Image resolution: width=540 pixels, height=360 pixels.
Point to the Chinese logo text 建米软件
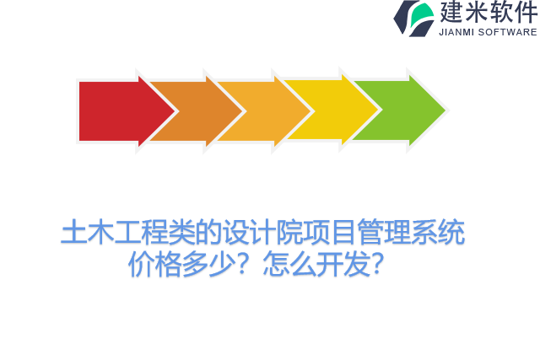(x=487, y=13)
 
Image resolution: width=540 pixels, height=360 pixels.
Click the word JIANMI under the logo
(x=458, y=33)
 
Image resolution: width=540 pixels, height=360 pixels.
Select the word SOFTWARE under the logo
(x=508, y=33)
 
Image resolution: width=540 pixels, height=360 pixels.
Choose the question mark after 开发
(x=380, y=265)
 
